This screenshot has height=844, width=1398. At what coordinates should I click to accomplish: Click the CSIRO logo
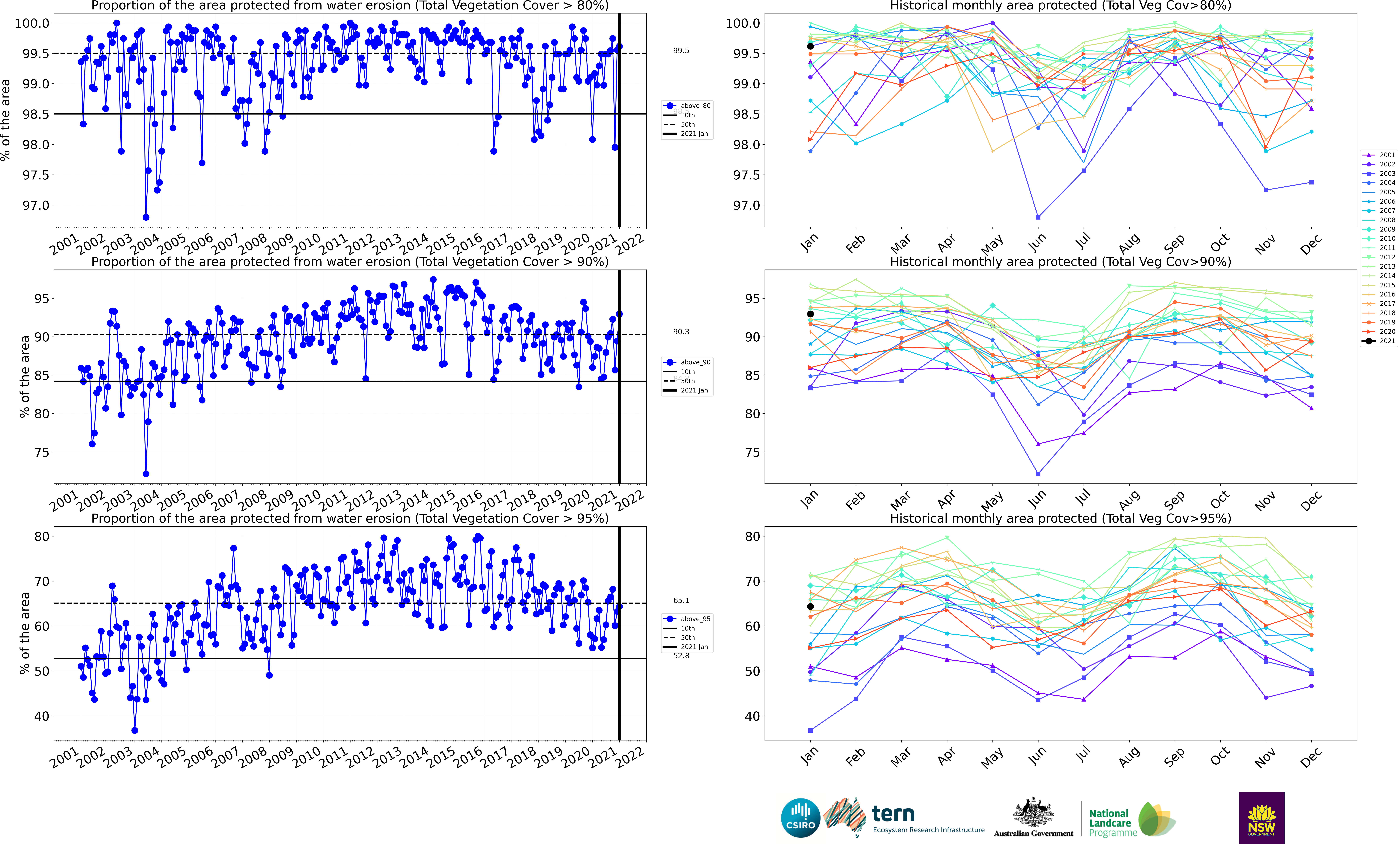pyautogui.click(x=801, y=818)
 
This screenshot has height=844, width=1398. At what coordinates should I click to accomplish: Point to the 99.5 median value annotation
pyautogui.click(x=681, y=50)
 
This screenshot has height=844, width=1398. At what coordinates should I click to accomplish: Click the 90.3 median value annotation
pyautogui.click(x=681, y=332)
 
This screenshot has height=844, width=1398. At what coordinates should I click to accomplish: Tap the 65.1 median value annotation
pyautogui.click(x=681, y=600)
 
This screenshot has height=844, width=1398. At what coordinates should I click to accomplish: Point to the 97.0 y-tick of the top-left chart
pyautogui.click(x=36, y=205)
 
